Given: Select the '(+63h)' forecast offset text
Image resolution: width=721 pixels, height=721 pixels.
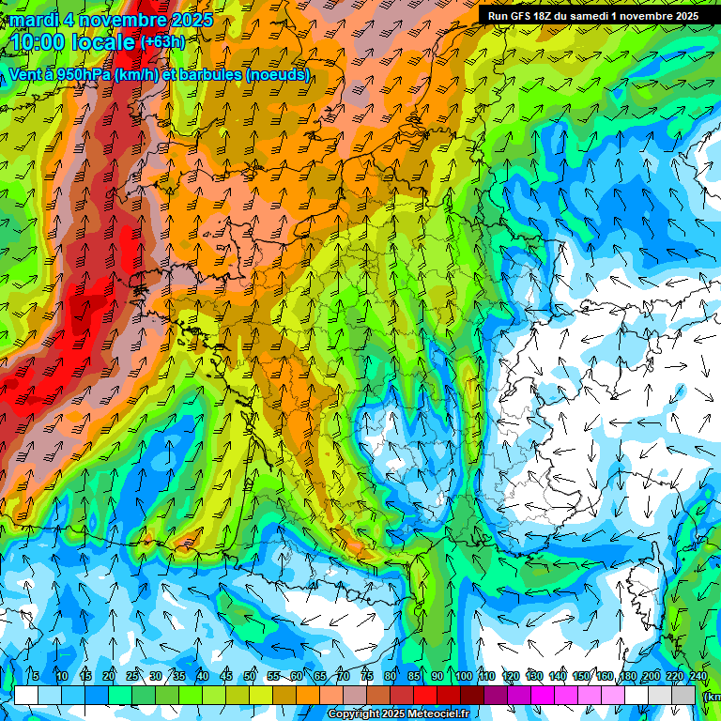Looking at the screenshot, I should tap(162, 42).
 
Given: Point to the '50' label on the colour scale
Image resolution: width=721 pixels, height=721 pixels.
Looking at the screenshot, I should tap(250, 677).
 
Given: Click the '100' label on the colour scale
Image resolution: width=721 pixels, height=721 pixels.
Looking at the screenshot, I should tap(463, 677).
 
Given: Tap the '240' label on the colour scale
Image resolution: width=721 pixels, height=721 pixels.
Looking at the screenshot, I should tap(698, 677).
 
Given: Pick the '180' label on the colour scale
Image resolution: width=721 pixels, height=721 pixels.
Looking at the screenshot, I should tap(627, 677).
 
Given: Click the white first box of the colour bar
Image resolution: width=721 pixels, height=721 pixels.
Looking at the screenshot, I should tap(26, 695).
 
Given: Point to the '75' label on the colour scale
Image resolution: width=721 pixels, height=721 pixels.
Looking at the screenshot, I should tap(367, 677).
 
